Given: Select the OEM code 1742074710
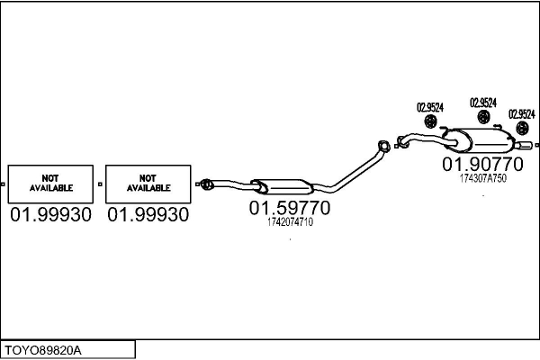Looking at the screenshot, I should pos(290,222).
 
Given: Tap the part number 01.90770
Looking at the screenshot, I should pos(482,166).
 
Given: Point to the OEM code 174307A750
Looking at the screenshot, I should pos(483,178).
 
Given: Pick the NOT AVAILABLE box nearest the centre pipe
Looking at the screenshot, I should pos(148,183).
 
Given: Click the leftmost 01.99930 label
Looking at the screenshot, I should pos(50,215).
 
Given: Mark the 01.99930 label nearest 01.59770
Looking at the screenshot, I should pos(148,215).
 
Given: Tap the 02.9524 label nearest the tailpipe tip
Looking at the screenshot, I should pos(521,114).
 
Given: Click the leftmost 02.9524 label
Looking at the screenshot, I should pos(430,107).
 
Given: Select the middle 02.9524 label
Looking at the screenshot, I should pos(483,102).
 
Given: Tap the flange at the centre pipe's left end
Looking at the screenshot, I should pos(205,184).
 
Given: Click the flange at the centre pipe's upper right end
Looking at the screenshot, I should pos(382,145).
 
